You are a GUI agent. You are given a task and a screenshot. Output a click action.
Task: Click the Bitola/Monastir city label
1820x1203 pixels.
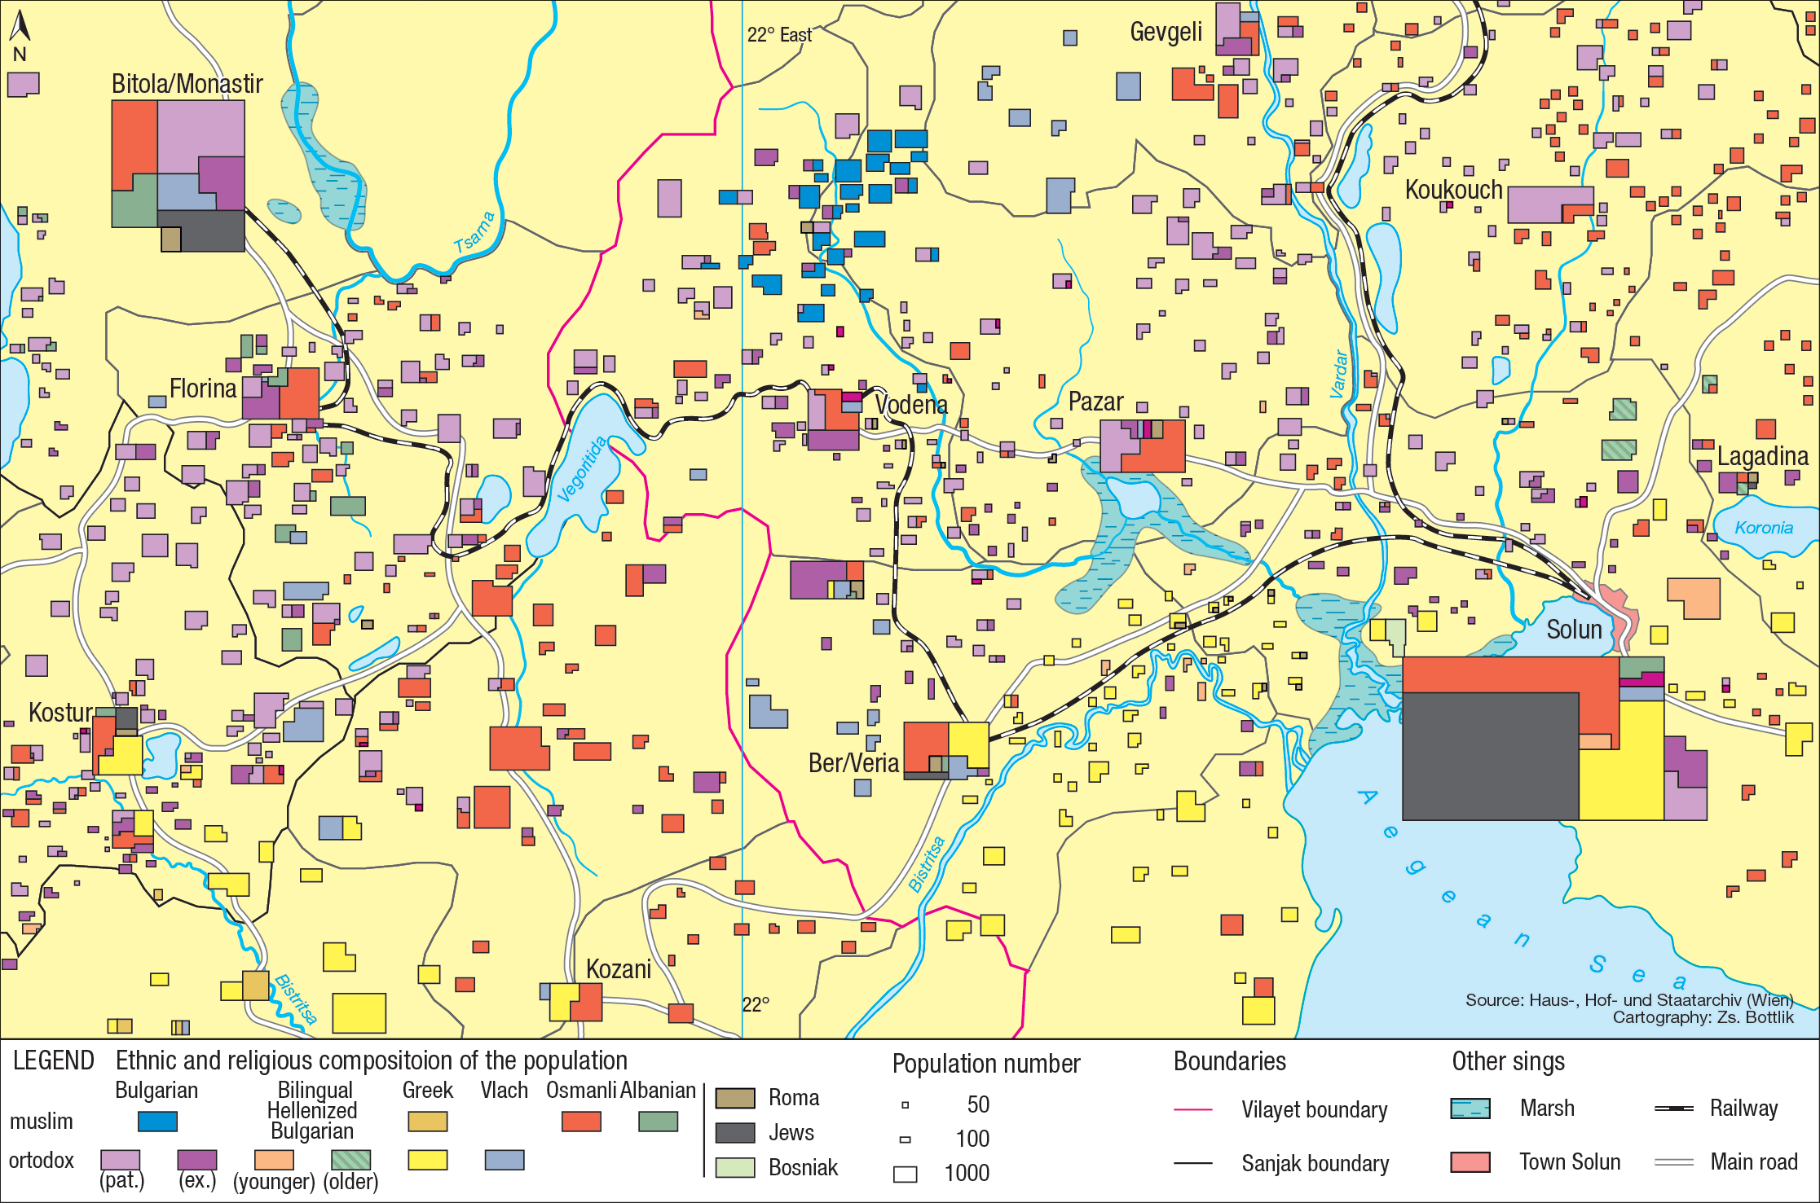[187, 84]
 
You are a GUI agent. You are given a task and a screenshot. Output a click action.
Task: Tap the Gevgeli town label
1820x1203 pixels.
[1166, 32]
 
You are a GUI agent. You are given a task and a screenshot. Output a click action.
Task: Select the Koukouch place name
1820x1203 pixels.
[1453, 190]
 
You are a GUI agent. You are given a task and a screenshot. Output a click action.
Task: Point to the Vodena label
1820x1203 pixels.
[910, 404]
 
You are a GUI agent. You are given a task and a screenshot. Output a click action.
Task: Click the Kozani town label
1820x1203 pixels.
[619, 969]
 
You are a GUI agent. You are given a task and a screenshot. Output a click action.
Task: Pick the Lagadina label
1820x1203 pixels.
[1762, 456]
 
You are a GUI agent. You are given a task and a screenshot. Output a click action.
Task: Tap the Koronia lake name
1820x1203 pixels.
[1764, 528]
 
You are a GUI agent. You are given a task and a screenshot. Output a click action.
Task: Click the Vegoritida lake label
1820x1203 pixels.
[583, 470]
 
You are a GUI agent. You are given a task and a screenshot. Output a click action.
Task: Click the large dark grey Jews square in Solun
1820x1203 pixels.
[1490, 756]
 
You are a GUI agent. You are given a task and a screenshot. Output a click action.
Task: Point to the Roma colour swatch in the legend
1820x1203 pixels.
[734, 1098]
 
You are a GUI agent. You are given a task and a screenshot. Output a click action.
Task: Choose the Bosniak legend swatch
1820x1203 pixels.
[734, 1167]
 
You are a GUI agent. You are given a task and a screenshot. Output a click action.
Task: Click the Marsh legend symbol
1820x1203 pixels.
[1470, 1109]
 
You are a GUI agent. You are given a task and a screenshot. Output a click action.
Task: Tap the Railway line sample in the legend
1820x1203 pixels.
[1674, 1109]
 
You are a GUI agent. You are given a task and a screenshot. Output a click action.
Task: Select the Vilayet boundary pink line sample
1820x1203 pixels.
[1192, 1110]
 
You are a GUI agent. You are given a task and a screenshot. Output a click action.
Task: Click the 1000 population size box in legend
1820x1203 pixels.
[905, 1174]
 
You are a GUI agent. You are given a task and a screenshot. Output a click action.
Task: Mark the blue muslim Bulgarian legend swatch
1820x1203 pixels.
[157, 1122]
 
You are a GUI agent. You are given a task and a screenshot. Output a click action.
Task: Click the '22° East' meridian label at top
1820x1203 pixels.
[779, 35]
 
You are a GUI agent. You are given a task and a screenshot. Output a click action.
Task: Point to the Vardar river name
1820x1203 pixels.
[1338, 375]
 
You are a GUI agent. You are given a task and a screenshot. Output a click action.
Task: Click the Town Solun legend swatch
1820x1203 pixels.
[1470, 1162]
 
